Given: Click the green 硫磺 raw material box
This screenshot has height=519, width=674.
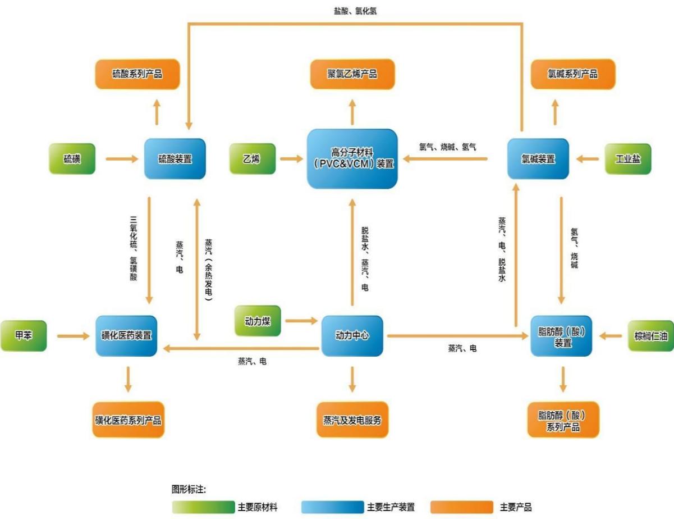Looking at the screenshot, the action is (72, 158).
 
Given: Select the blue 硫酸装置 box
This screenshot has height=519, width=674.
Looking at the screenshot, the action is (175, 158).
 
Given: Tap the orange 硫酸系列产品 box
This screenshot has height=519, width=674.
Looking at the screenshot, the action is (137, 74).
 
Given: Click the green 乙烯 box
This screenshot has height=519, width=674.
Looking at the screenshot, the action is (252, 158).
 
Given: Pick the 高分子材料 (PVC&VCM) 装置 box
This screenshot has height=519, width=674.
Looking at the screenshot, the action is (352, 158).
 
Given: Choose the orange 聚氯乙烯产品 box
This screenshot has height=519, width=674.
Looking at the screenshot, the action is (352, 74).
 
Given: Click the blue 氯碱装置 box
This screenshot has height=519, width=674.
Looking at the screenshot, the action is (538, 158).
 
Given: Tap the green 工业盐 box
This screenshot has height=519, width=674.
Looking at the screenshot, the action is (628, 158).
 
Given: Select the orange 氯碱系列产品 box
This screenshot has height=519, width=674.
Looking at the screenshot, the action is (573, 74).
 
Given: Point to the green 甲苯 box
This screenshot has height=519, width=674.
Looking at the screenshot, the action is (24, 335).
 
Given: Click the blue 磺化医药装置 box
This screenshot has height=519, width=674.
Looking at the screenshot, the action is (126, 335).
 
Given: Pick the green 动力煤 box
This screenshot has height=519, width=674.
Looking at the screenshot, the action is (258, 321).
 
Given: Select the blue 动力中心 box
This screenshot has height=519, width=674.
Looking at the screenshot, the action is (352, 335).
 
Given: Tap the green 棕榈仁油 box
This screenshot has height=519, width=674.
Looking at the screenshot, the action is (651, 335).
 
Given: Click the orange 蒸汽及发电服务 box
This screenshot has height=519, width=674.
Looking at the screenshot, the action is (352, 420).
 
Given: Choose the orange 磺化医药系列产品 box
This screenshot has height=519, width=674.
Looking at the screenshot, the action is (128, 420).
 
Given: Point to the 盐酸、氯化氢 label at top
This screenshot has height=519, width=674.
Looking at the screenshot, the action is (355, 11).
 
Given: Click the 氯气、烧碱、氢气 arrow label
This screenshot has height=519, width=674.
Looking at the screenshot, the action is (447, 147).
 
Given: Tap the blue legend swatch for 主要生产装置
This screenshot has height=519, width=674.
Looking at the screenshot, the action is (332, 507).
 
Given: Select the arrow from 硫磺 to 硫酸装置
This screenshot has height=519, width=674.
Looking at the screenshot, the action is (122, 159).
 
